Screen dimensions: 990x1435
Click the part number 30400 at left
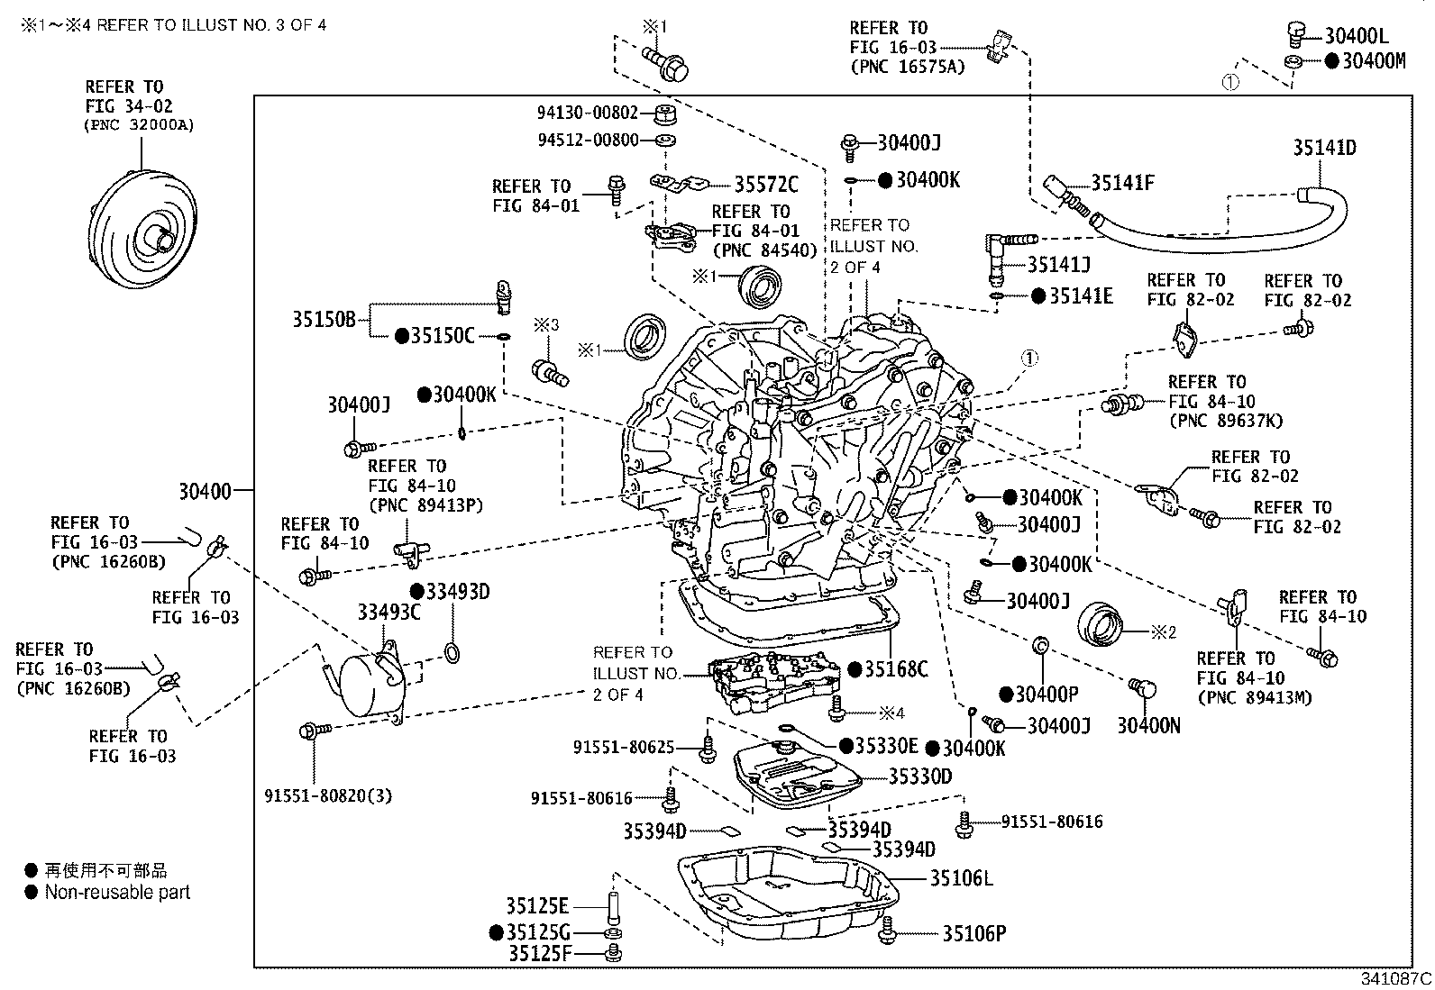pos(205,491)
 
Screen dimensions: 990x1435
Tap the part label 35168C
pos(895,668)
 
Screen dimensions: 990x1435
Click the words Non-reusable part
pos(117,893)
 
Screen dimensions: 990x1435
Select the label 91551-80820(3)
pos(328,795)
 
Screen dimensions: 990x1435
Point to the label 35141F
pos(1121,183)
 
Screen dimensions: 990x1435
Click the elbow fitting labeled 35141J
pos(999,256)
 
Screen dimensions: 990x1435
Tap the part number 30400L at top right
pos(1356,36)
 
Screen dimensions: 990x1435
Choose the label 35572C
pos(765,185)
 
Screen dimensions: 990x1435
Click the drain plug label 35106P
pos(973,934)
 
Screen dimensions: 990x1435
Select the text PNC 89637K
pos(1225,421)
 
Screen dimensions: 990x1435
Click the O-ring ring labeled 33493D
pos(452,653)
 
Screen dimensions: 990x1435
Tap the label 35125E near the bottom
pos(536,906)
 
